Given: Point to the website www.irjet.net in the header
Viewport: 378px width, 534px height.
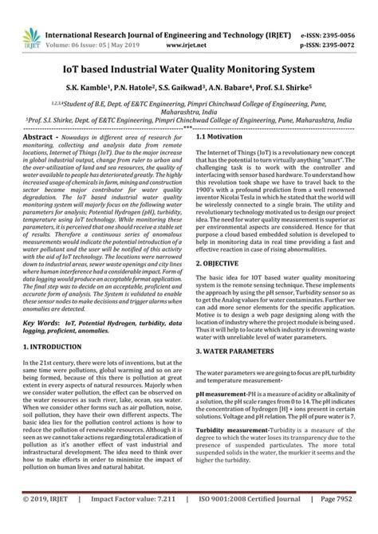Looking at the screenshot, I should (x=188, y=25).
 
